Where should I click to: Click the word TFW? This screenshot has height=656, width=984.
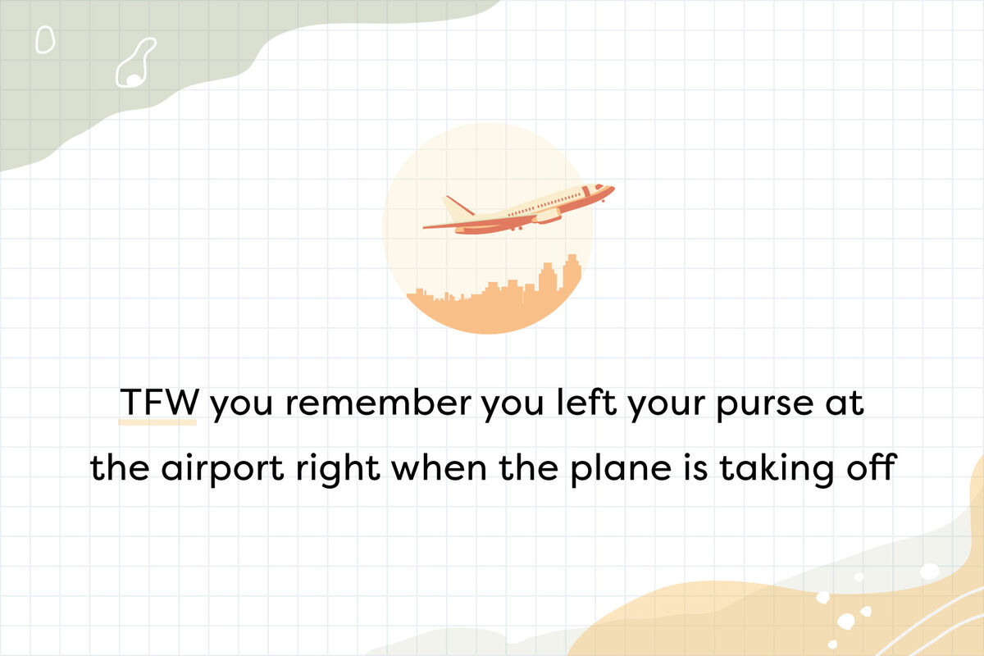point(159,401)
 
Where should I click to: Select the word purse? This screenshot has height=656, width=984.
point(765,405)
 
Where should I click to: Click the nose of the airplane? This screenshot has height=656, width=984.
point(611,189)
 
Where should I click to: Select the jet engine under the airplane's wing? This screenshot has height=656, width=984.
point(546,216)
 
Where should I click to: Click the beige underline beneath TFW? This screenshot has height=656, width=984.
point(157,422)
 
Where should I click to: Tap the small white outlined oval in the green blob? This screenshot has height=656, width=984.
point(45,39)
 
